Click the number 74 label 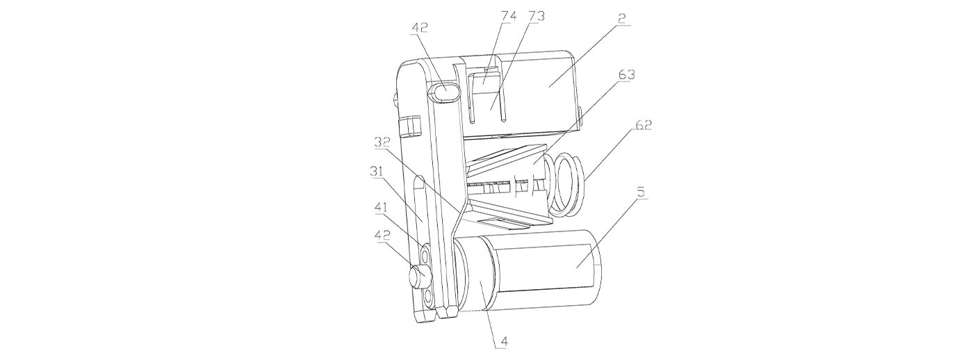pos(509,17)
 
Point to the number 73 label pos(537,17)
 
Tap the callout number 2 pos(623,19)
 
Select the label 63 pos(626,74)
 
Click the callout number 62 pos(644,126)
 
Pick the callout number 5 pos(641,193)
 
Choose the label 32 pos(383,142)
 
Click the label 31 pos(377,172)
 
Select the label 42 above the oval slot pos(419,27)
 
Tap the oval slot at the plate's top pos(443,92)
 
